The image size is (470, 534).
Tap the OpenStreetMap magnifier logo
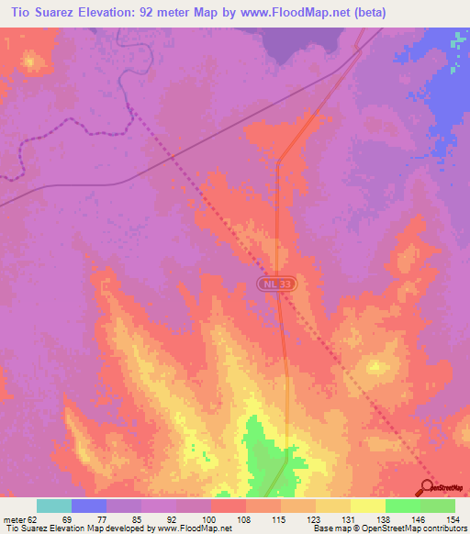pos(428,488)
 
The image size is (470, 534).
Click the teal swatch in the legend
pos(54,506)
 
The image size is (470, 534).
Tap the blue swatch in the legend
pos(89,506)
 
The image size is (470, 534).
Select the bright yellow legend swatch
pos(368,506)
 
